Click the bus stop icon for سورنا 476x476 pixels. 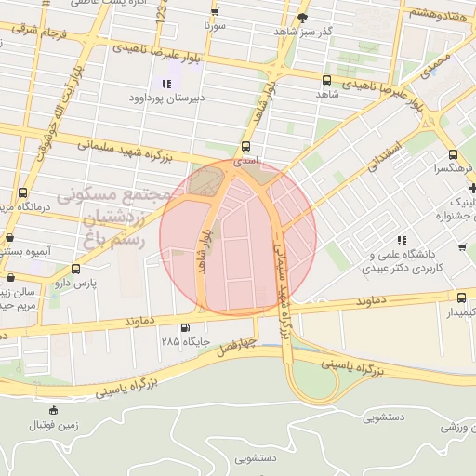(x=216, y=12)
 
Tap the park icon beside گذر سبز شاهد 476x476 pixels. (x=302, y=18)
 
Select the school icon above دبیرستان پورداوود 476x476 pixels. (x=166, y=84)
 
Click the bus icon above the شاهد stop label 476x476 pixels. (x=325, y=81)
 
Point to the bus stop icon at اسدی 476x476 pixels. (x=245, y=146)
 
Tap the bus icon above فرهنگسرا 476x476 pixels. (x=451, y=155)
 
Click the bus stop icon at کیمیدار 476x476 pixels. (x=462, y=297)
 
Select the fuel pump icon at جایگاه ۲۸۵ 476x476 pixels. (x=185, y=327)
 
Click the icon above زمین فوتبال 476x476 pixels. (x=53, y=410)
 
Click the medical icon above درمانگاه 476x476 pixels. (x=21, y=193)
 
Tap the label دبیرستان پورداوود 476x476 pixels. (x=172, y=96)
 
